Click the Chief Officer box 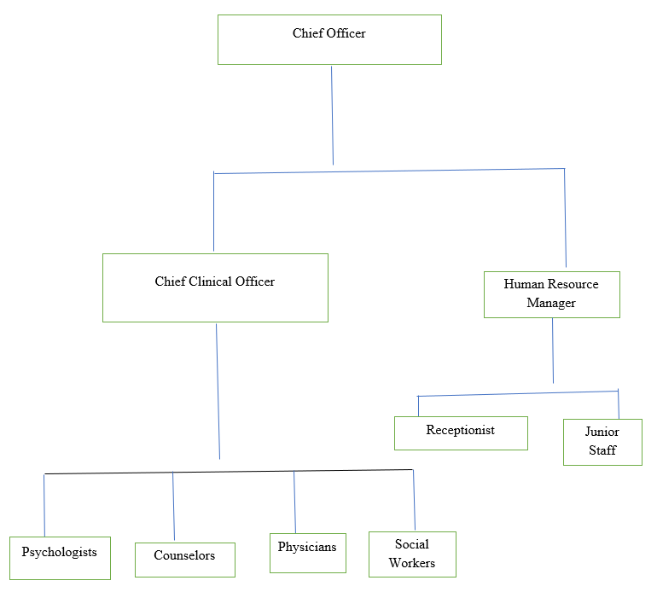(329, 40)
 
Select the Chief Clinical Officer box (215, 287)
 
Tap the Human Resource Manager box (552, 294)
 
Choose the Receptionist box (461, 433)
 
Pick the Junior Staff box (602, 442)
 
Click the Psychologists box (60, 558)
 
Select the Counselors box (185, 560)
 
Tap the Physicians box (308, 553)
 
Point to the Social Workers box (412, 554)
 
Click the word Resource (573, 284)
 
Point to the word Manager (551, 303)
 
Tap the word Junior (602, 432)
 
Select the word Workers (412, 563)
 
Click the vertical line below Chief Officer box (332, 115)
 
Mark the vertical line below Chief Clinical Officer (218, 392)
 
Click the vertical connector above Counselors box (173, 506)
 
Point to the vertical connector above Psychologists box (44, 505)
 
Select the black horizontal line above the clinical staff (229, 472)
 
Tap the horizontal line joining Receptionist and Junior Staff (518, 393)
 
